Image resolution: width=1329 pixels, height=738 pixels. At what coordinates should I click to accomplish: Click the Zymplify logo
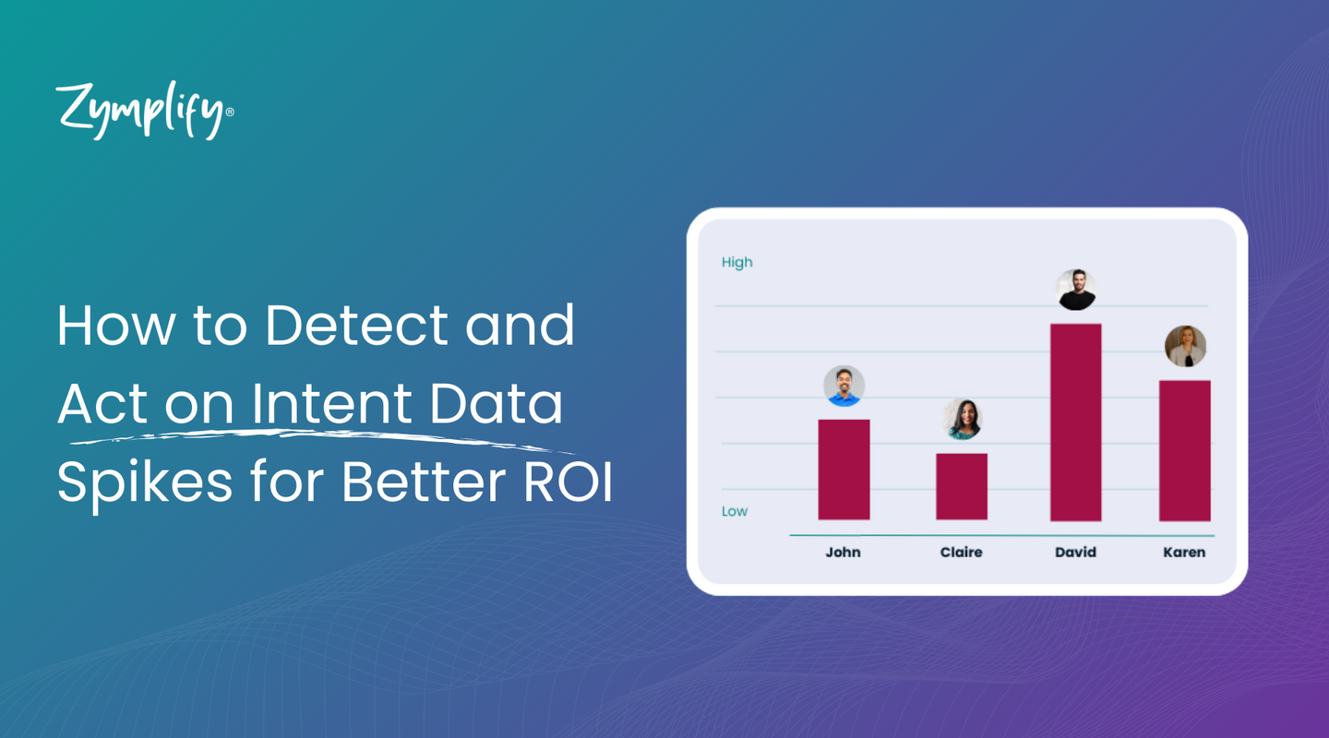144,112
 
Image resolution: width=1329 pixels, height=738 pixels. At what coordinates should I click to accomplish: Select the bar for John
844,470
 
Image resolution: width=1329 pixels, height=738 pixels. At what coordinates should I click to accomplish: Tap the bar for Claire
962,486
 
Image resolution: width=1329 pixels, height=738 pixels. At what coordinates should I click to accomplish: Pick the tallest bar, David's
1075,422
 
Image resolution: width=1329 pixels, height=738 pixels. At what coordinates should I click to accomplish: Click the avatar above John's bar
844,386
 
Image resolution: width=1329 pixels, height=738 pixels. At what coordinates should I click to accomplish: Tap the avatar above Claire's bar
962,420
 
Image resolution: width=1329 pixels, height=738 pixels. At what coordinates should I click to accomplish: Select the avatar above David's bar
1075,290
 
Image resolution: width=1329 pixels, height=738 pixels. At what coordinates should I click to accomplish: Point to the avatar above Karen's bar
1185,347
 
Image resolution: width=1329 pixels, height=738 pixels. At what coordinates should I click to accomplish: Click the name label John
843,553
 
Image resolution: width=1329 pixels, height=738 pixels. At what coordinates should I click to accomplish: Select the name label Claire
961,553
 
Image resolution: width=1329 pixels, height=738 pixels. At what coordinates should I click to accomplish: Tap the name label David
1075,553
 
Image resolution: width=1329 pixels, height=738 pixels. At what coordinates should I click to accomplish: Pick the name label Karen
1184,553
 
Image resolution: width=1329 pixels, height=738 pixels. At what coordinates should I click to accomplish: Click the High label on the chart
736,263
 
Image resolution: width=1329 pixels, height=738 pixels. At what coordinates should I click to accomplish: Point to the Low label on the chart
735,512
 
